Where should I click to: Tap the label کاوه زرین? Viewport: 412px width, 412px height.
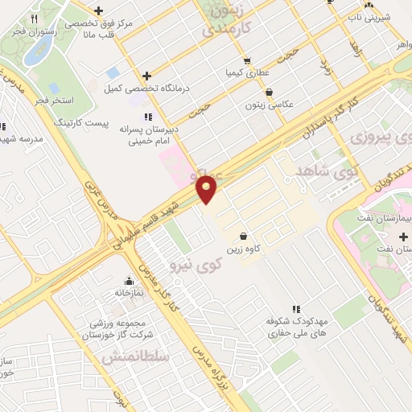point(242,249)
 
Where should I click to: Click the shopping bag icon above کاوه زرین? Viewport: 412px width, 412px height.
point(242,237)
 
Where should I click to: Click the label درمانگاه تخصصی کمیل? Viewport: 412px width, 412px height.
point(146,89)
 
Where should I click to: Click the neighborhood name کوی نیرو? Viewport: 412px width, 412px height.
point(196,265)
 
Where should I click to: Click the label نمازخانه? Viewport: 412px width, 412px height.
point(128,293)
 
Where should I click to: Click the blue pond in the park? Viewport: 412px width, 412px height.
point(37,52)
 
